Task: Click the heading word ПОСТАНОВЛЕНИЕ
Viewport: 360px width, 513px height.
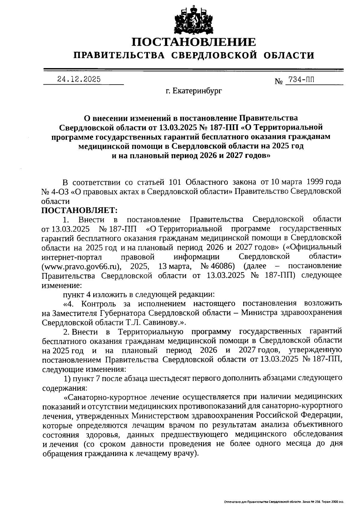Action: coord(194,42)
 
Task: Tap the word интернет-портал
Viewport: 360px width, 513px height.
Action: coord(72,256)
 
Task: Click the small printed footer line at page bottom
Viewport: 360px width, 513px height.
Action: coord(283,502)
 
